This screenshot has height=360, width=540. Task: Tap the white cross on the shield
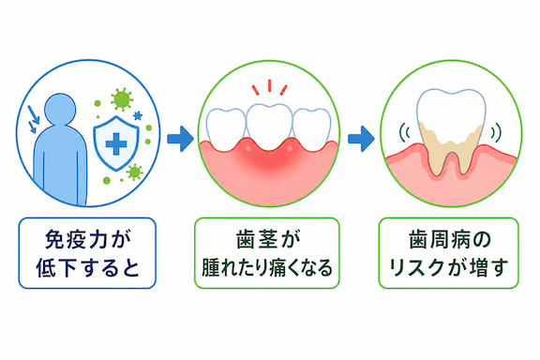(x=116, y=143)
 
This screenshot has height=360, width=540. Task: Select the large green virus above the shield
(x=122, y=99)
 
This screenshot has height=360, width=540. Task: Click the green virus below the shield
(x=134, y=172)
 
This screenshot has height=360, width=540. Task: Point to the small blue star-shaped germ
(x=138, y=115)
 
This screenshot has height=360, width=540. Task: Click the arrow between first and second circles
(x=180, y=139)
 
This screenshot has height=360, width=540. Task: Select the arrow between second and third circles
(x=361, y=139)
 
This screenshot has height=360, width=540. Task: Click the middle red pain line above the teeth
(x=269, y=86)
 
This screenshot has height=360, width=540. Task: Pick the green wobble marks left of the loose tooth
(x=404, y=132)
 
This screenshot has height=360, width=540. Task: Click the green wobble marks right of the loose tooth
(x=496, y=132)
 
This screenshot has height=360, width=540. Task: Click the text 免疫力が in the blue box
(x=88, y=240)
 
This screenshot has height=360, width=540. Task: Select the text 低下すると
(x=88, y=268)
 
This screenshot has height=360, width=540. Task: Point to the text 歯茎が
(x=267, y=240)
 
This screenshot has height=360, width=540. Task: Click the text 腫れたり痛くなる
(x=267, y=268)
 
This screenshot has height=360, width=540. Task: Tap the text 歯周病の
(x=449, y=240)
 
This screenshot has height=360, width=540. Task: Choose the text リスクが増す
(x=449, y=268)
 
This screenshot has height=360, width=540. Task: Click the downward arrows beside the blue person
(x=34, y=119)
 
